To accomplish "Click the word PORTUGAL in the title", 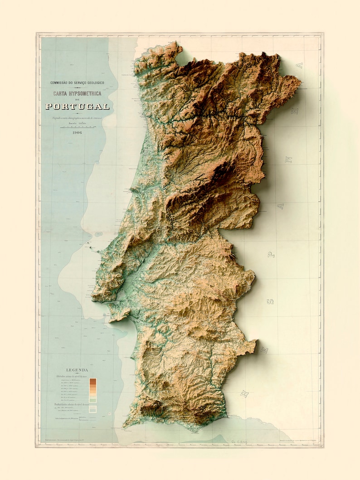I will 77,107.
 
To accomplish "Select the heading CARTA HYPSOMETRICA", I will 77,94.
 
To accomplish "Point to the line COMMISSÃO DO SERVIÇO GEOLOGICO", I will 77,83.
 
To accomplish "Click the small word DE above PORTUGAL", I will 77,100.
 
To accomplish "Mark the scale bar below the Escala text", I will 77,127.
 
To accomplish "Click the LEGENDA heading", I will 77,370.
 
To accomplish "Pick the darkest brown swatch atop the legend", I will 92,380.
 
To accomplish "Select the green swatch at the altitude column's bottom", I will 92,400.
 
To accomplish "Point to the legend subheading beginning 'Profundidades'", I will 73,404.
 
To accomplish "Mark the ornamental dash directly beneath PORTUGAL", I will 77,113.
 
